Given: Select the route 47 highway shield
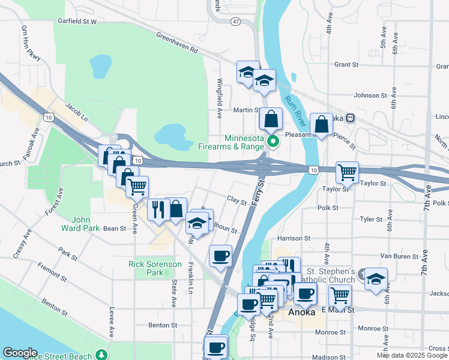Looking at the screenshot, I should point(235,22).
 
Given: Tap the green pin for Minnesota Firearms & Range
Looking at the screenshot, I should point(273,142).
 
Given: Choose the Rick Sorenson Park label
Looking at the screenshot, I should point(146,268).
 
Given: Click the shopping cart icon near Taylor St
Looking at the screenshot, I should point(347,172).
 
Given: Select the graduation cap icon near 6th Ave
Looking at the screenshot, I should point(376,278).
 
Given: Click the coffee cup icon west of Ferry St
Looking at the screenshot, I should point(220,256).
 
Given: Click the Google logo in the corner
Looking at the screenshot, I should point(20,353).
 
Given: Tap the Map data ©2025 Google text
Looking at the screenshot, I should point(412,355).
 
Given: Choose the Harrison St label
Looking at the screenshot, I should point(294,238).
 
